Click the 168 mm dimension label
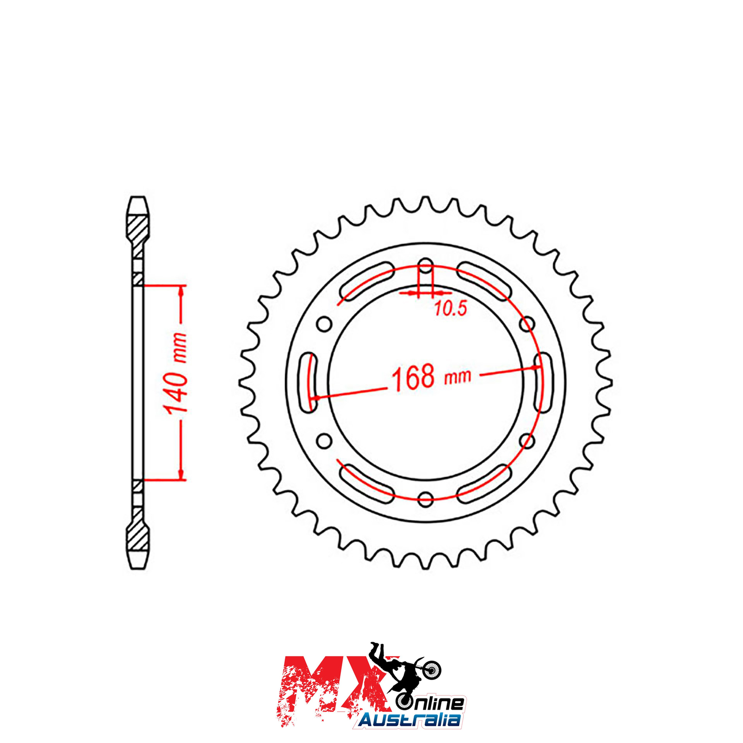click(431, 377)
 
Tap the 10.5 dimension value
click(450, 308)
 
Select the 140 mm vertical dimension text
click(176, 373)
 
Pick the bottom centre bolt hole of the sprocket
click(425, 499)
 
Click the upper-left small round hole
click(324, 324)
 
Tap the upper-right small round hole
click(527, 324)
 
